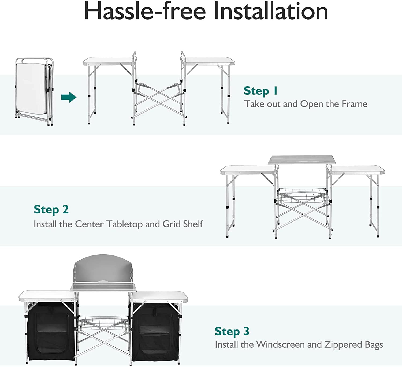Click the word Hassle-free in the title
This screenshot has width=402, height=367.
144,11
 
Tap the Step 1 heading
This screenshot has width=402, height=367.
260,91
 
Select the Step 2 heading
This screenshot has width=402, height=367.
51,209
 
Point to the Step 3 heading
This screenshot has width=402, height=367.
232,331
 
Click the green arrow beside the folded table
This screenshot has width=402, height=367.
69,97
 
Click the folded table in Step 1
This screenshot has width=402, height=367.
33,91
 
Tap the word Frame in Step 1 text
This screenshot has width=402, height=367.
354,104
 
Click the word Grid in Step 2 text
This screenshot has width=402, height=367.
171,224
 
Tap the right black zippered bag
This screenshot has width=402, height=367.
155,332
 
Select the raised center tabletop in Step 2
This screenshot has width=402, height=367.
302,160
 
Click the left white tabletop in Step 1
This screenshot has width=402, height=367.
107,61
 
